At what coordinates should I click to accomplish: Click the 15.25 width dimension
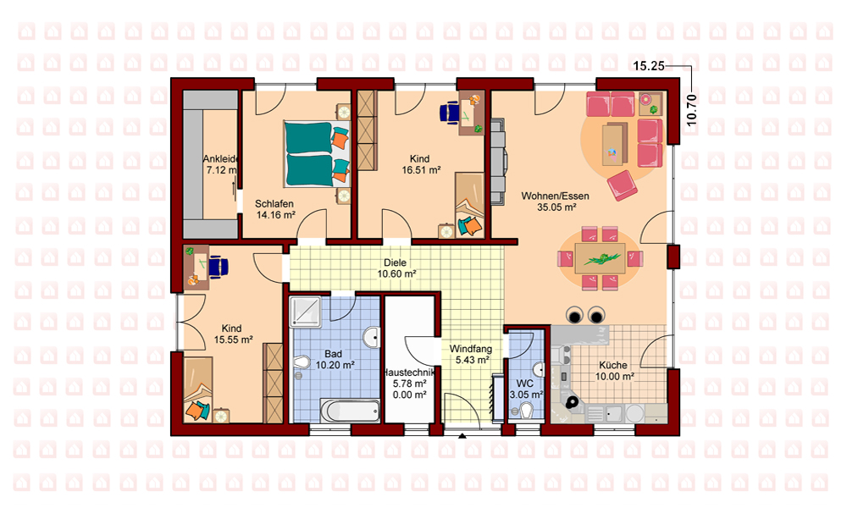(x=649, y=66)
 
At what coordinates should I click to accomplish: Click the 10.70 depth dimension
(x=691, y=110)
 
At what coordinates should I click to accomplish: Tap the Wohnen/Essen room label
(x=556, y=196)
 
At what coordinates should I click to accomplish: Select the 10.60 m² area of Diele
(x=396, y=274)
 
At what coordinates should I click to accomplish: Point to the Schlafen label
(x=274, y=203)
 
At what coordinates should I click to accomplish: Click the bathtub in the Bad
(x=350, y=411)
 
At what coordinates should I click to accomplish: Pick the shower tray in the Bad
(x=306, y=312)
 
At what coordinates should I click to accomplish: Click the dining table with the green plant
(x=601, y=258)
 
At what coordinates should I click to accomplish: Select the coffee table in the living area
(x=615, y=143)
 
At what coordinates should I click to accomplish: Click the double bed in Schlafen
(x=317, y=154)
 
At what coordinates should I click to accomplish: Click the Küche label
(x=613, y=365)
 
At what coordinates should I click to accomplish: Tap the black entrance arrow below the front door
(x=462, y=436)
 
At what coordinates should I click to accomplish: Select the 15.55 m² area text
(x=234, y=340)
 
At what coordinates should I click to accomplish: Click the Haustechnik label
(x=409, y=373)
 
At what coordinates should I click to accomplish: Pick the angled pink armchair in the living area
(x=623, y=185)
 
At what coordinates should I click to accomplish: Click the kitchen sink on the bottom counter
(x=613, y=414)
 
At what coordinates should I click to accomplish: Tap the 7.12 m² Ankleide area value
(x=221, y=170)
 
